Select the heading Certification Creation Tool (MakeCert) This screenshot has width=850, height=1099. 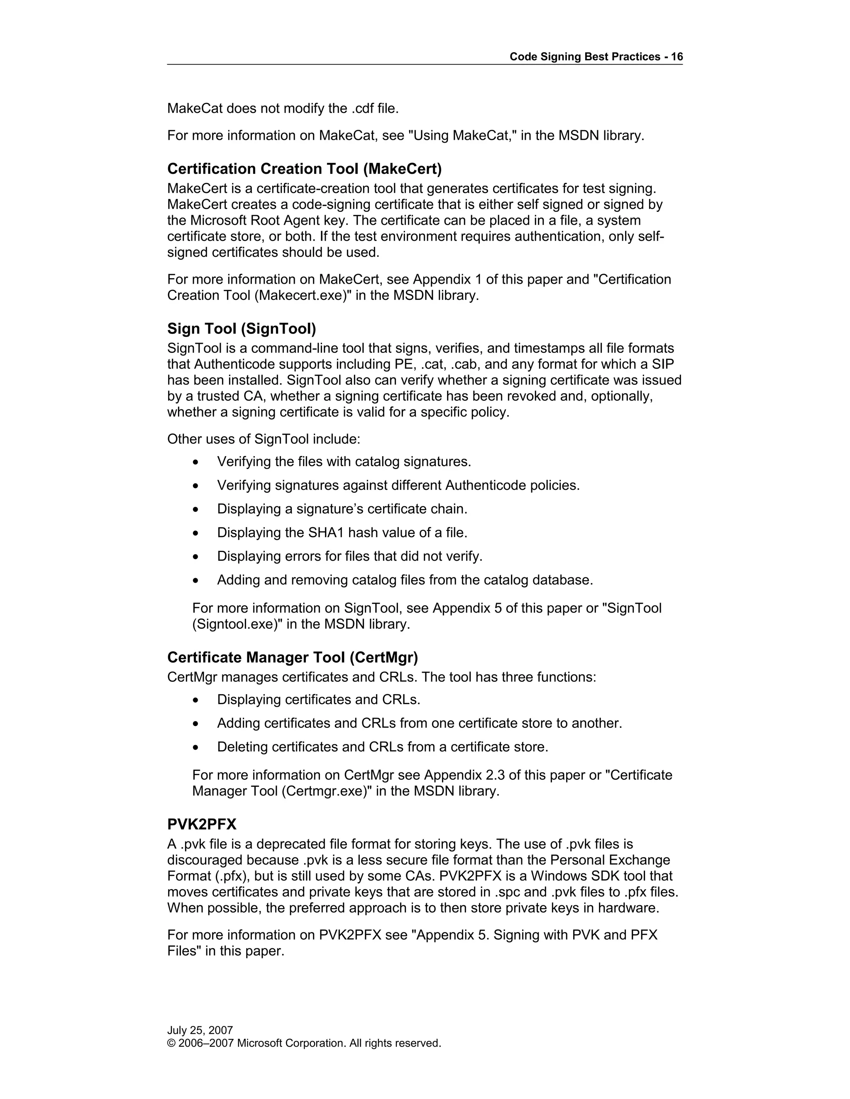(304, 168)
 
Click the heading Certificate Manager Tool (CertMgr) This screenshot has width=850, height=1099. (293, 657)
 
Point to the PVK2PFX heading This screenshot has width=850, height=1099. (201, 824)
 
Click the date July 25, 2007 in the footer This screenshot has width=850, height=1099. (200, 1030)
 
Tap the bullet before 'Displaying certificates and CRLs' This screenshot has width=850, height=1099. (196, 700)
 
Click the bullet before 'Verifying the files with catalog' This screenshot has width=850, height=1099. (196, 462)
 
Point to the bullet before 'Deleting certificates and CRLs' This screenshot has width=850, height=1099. (196, 747)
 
